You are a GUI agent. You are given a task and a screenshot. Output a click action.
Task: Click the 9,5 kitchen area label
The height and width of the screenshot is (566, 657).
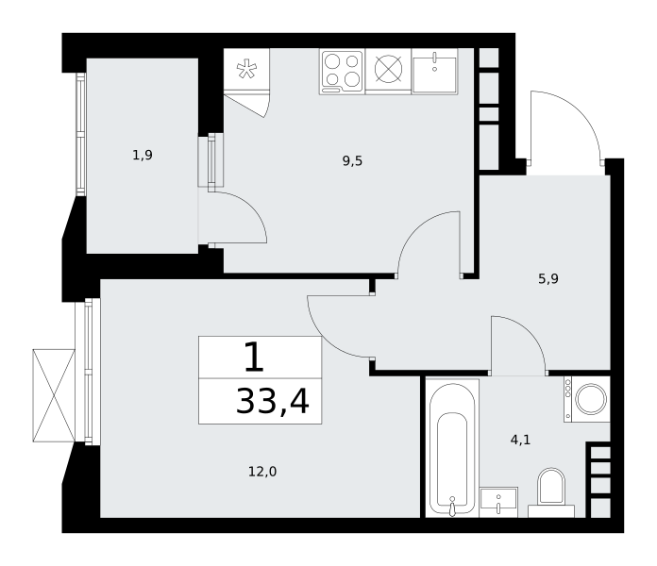tap(352, 160)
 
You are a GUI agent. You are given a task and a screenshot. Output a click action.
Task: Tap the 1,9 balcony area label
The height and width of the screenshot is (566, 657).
tap(143, 156)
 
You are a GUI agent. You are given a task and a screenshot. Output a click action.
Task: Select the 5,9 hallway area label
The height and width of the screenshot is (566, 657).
tap(548, 279)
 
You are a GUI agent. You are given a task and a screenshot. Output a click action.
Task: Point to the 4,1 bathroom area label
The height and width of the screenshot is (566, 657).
tap(520, 440)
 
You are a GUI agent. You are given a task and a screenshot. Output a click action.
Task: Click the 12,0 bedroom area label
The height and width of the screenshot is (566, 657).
tap(262, 472)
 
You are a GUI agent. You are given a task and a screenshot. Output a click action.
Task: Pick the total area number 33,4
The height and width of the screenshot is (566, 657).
tap(273, 401)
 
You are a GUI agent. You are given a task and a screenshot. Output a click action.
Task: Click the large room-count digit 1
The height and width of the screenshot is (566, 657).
tap(254, 357)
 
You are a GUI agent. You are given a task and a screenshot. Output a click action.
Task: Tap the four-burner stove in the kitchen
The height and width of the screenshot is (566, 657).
tap(342, 72)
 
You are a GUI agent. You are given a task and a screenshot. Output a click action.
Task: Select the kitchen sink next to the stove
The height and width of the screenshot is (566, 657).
tap(434, 71)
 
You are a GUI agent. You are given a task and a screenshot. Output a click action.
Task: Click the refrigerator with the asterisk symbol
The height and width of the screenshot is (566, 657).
tap(246, 69)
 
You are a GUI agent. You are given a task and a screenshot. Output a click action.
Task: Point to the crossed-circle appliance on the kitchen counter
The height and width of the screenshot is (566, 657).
tap(388, 69)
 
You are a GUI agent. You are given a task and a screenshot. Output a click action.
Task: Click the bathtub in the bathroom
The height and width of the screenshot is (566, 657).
tap(452, 448)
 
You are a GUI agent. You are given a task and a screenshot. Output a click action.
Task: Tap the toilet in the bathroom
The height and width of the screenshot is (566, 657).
tap(551, 492)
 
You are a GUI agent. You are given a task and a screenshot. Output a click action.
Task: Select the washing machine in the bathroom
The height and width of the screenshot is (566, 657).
tap(587, 399)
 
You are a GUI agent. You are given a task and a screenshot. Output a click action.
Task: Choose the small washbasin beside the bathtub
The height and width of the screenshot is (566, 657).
tap(498, 502)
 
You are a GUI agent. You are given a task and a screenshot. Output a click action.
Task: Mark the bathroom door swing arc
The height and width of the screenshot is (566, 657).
tap(529, 331)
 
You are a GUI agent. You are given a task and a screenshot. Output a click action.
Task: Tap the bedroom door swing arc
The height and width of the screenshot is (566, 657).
tap(324, 339)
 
